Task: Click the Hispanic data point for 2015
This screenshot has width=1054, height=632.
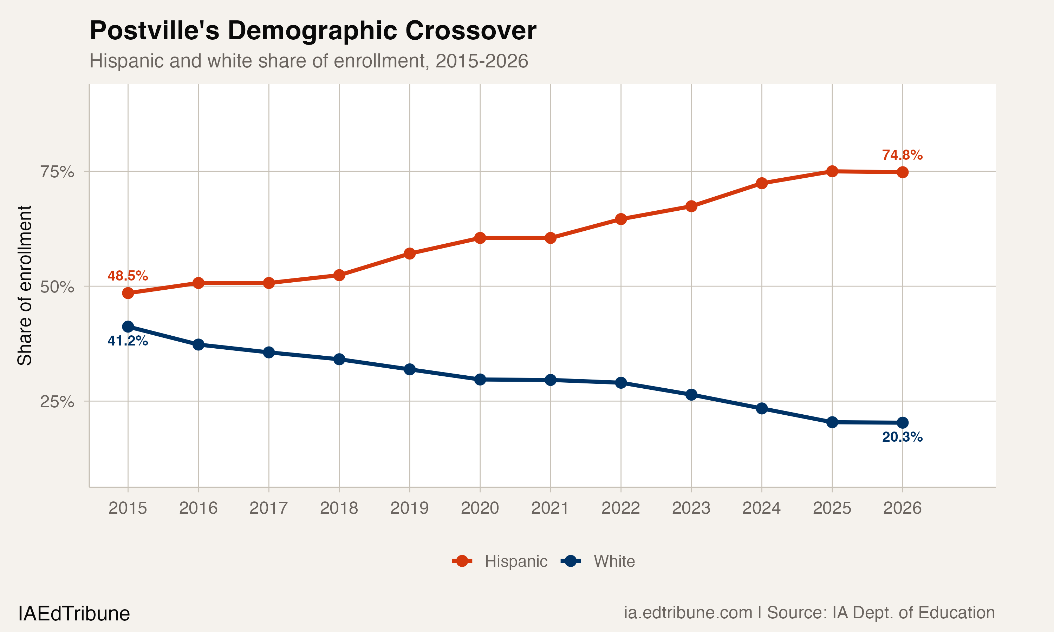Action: click(x=128, y=293)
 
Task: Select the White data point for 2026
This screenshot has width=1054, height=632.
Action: click(x=902, y=422)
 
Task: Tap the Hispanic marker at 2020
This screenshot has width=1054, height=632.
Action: click(x=480, y=238)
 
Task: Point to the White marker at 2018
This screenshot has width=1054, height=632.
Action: click(x=339, y=359)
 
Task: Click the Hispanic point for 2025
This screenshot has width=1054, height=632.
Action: click(x=832, y=171)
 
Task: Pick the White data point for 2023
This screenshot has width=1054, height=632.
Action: click(x=691, y=394)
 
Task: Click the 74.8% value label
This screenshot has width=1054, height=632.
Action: click(x=902, y=155)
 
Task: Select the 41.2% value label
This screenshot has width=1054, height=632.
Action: click(x=128, y=341)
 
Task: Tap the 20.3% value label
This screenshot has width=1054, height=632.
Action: click(x=902, y=437)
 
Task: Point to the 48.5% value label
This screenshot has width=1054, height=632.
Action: click(x=128, y=276)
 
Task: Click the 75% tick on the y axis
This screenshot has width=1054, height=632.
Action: click(x=57, y=172)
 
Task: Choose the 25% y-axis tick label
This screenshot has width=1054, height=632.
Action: click(x=57, y=402)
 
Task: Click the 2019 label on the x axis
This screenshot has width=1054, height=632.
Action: click(x=409, y=508)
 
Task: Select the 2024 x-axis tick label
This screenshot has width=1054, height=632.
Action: click(x=761, y=508)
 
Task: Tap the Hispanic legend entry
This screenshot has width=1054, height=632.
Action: click(x=500, y=561)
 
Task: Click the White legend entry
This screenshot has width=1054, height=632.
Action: click(x=599, y=561)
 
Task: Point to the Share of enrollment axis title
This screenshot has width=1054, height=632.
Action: click(x=25, y=285)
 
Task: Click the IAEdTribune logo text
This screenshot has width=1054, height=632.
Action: click(x=74, y=614)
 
